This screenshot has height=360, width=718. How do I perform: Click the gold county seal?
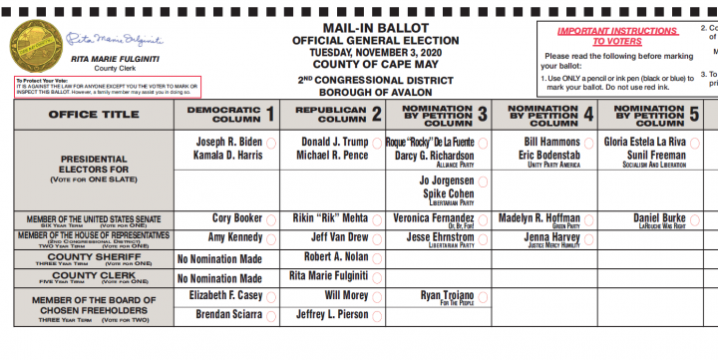[x=33, y=46]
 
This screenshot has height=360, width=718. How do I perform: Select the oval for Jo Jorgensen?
[x=482, y=182]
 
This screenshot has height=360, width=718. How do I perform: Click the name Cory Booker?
[x=236, y=217]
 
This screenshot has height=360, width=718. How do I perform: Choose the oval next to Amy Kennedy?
[x=270, y=239]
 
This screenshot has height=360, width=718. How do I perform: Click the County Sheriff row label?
[x=93, y=257]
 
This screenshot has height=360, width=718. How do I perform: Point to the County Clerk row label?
[x=93, y=277]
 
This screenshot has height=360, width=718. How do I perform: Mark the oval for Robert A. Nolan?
[x=376, y=258]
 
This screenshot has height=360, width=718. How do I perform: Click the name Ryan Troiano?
[x=445, y=295]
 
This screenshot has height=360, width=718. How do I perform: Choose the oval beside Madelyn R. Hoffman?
[x=588, y=218]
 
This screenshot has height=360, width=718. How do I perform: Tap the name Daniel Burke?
[x=660, y=217]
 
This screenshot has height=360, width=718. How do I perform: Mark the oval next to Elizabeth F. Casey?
[x=270, y=297]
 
